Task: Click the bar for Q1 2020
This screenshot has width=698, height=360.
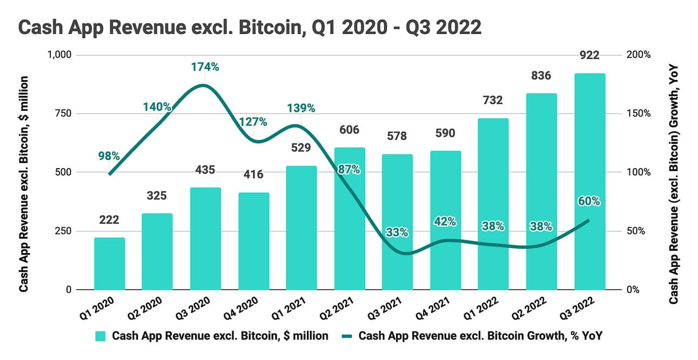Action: pyautogui.click(x=110, y=264)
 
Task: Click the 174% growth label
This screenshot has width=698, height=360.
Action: pyautogui.click(x=205, y=68)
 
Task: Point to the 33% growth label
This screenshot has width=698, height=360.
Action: pyautogui.click(x=397, y=233)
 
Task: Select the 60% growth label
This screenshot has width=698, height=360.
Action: pyautogui.click(x=589, y=201)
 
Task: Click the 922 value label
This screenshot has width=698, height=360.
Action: pyautogui.click(x=589, y=55)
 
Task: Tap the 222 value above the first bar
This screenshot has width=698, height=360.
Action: pyautogui.click(x=109, y=220)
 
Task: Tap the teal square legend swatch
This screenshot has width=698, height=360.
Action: pyautogui.click(x=100, y=336)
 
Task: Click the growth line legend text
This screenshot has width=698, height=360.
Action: pyautogui.click(x=480, y=336)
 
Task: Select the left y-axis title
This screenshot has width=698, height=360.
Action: pyautogui.click(x=24, y=184)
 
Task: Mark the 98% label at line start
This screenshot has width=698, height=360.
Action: pyautogui.click(x=109, y=156)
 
